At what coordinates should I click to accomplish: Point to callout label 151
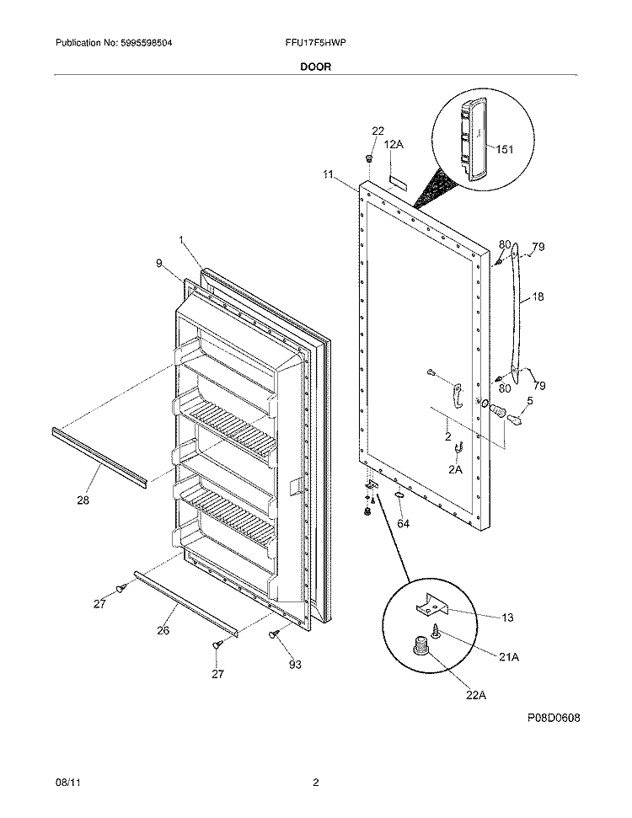coord(504,150)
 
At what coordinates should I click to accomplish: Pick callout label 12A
coord(394,145)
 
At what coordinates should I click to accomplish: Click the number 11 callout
coord(329,174)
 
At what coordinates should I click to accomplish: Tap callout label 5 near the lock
coord(530,401)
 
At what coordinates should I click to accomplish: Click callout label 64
coord(404,524)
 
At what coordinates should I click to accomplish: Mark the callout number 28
coord(83,500)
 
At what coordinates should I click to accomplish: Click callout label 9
coord(158,263)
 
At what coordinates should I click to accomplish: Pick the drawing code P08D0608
coord(554,718)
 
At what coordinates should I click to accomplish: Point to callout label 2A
coord(455,469)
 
